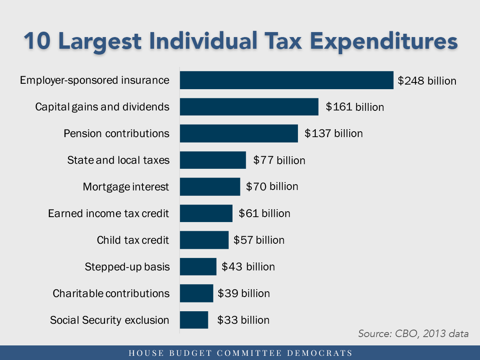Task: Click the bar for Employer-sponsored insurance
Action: click(286, 80)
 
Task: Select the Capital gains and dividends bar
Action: click(249, 107)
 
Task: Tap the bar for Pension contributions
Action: click(239, 133)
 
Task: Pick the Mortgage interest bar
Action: click(210, 187)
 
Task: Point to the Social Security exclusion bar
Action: click(194, 320)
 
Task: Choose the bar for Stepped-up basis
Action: click(198, 267)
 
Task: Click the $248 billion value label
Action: click(427, 81)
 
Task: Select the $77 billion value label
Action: click(279, 160)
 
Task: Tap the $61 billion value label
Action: click(265, 214)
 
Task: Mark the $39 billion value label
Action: click(244, 293)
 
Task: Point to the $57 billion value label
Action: click(259, 240)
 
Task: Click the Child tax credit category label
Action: click(133, 240)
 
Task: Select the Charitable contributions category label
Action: click(111, 293)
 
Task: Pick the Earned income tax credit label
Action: click(109, 214)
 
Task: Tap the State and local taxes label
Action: click(118, 160)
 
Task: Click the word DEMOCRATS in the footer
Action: click(320, 353)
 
